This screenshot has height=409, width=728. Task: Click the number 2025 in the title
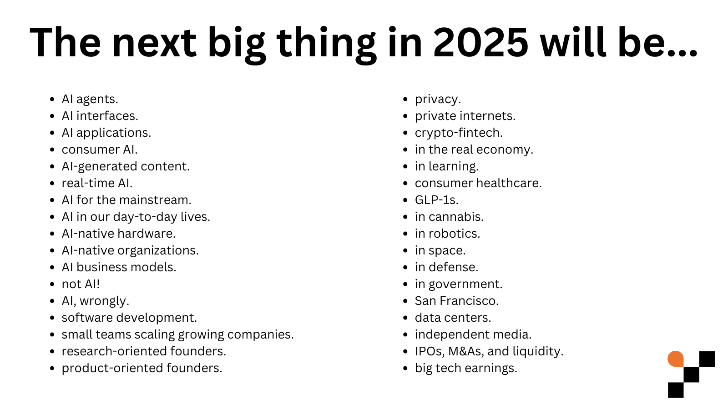(x=480, y=43)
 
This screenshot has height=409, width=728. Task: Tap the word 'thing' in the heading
(x=326, y=43)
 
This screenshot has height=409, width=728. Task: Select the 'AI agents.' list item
(x=90, y=99)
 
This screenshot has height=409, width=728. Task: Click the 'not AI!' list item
(x=81, y=284)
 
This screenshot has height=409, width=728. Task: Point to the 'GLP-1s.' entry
(x=436, y=200)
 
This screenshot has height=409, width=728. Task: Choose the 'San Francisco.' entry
(x=456, y=301)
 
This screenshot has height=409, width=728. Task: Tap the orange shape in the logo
(x=675, y=359)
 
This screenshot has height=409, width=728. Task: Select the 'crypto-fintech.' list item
(x=459, y=133)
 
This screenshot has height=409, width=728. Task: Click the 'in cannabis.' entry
(x=449, y=217)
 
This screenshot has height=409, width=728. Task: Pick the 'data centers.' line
(x=453, y=318)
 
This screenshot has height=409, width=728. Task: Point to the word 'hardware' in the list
(x=152, y=234)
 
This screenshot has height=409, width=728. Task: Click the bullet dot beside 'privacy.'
(x=405, y=100)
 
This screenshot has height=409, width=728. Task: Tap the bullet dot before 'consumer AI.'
(x=52, y=150)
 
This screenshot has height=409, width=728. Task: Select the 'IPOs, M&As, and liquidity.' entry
(x=489, y=351)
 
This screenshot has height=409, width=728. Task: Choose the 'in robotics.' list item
(x=447, y=234)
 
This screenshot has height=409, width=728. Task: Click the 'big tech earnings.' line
(x=466, y=368)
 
